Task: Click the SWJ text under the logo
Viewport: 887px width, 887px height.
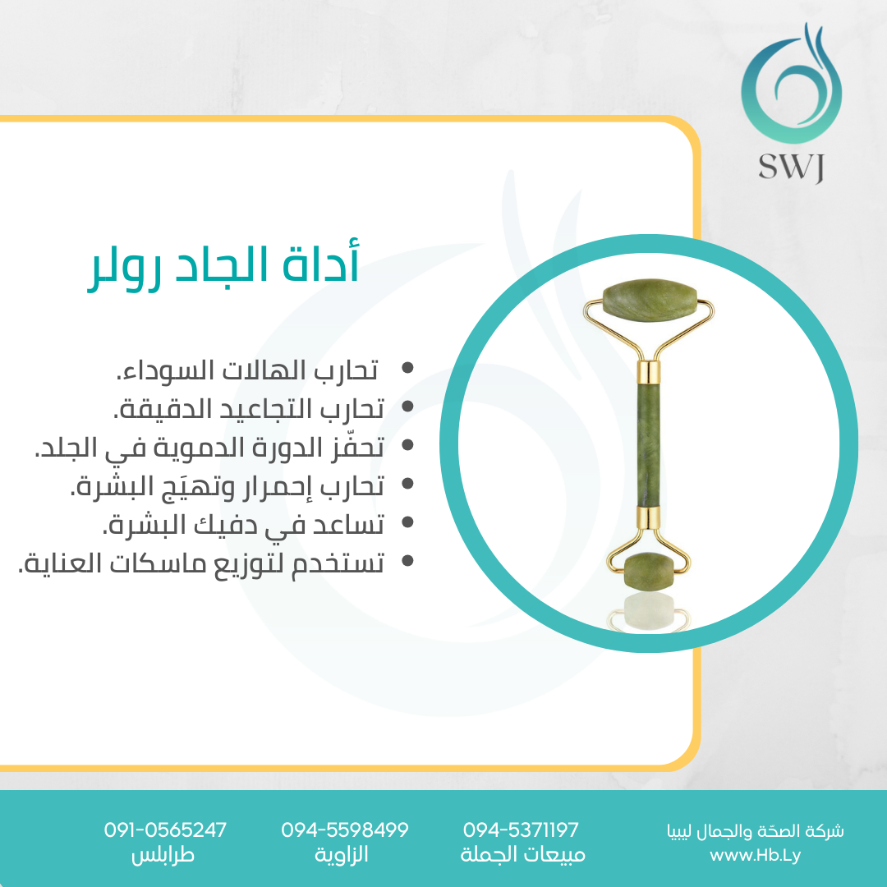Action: click(x=792, y=168)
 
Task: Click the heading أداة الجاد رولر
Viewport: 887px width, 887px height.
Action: click(x=223, y=265)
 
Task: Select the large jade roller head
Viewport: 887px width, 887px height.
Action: click(x=650, y=301)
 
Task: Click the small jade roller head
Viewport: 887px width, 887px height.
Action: click(x=650, y=572)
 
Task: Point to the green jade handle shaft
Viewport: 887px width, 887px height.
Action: click(x=648, y=445)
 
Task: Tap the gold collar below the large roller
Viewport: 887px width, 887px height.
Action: click(x=648, y=372)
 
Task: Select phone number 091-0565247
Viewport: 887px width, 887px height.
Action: click(x=165, y=830)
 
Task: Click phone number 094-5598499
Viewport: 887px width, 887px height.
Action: click(x=344, y=830)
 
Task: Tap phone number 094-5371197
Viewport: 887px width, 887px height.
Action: click(x=521, y=830)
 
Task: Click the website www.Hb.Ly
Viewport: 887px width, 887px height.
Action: click(x=756, y=855)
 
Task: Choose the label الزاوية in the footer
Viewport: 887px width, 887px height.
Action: click(x=342, y=854)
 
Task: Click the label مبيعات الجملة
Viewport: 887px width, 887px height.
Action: click(x=522, y=854)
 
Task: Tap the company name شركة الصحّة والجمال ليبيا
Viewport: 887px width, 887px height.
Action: click(x=756, y=831)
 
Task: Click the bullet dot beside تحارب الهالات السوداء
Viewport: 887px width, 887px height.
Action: click(x=407, y=368)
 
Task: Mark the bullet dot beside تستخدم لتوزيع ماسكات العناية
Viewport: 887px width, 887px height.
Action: click(x=407, y=561)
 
